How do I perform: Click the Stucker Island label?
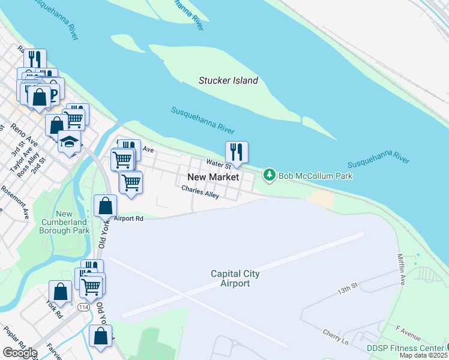point(228,80)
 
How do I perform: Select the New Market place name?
point(213,177)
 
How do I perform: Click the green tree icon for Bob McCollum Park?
point(270,175)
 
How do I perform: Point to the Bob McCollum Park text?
point(315,176)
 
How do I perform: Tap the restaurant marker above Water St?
point(237,152)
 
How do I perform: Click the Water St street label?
point(218,163)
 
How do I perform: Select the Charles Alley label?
point(200,192)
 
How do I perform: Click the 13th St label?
point(347,289)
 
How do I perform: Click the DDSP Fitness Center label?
point(405,348)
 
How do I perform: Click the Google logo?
point(20,352)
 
